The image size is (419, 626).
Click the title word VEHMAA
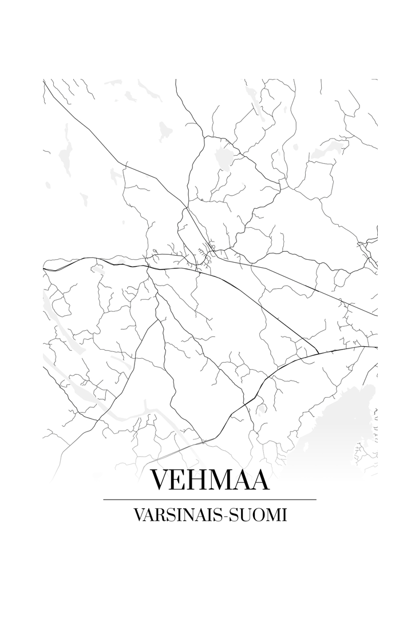[209, 480]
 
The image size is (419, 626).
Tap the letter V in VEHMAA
[161, 480]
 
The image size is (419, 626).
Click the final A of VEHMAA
[259, 480]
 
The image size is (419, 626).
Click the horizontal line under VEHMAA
[209, 500]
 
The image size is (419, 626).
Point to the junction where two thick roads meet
[318, 353]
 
